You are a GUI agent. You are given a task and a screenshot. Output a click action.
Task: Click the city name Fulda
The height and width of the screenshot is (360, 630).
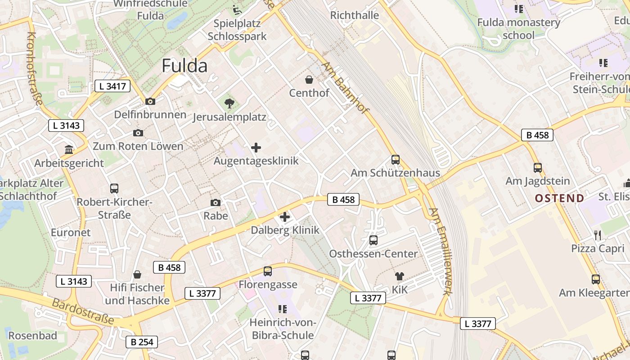click(184, 66)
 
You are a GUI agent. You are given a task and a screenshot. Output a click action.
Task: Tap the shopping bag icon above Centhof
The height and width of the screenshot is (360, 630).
click(309, 80)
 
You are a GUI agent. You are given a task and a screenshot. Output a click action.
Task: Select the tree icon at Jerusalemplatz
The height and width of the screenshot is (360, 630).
click(229, 104)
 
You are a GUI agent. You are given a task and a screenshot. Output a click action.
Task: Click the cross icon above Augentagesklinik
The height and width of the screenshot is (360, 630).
click(256, 148)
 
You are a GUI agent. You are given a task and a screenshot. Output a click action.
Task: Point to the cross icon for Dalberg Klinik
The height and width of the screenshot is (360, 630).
click(285, 217)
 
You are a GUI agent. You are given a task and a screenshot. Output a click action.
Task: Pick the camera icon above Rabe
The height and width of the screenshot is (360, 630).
click(216, 203)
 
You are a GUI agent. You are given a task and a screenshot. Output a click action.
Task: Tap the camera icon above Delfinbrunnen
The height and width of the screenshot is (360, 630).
click(150, 102)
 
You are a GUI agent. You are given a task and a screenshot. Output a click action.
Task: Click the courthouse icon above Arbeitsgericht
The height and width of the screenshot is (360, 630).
click(69, 149)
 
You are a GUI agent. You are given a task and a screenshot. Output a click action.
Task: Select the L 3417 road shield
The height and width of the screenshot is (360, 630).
click(112, 86)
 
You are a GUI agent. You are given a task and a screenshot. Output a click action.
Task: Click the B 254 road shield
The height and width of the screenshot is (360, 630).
click(142, 342)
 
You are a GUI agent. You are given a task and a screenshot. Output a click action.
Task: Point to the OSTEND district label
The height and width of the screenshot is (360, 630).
click(559, 198)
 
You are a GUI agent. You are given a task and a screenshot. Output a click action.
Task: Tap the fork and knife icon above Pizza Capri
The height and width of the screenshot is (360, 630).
click(598, 235)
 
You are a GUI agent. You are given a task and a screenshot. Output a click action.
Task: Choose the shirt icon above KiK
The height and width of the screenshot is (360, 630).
click(399, 276)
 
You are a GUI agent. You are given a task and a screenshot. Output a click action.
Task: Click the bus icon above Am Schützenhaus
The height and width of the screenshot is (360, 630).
click(396, 160)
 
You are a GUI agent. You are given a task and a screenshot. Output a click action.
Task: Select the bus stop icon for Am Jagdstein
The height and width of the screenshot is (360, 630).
click(538, 168)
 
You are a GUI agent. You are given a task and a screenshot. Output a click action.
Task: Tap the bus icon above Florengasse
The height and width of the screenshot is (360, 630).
click(268, 271)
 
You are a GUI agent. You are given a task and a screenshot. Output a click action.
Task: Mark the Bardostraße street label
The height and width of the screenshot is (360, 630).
click(83, 311)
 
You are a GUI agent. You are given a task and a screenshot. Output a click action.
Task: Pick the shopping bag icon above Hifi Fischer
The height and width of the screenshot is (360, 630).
click(137, 274)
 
